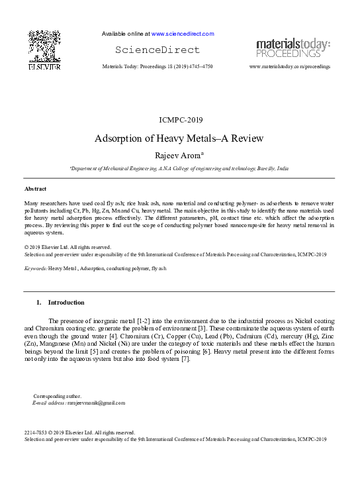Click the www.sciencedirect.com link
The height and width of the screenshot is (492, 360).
[183, 34]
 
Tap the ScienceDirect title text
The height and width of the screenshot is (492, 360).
[157, 50]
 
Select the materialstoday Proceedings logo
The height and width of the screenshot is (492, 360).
[293, 48]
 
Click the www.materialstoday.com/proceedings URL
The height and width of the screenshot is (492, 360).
[290, 68]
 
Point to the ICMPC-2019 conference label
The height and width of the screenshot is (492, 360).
[181, 120]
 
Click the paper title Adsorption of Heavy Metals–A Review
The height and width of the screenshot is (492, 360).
[180, 138]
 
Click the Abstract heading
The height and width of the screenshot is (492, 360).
[35, 189]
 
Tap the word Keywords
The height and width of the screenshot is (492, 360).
[34, 269]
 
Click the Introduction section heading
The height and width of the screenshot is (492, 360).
[66, 303]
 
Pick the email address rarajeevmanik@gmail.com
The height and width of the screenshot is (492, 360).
[97, 403]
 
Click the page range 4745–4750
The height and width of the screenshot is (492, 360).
[199, 68]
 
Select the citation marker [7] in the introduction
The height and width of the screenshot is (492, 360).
[186, 359]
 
